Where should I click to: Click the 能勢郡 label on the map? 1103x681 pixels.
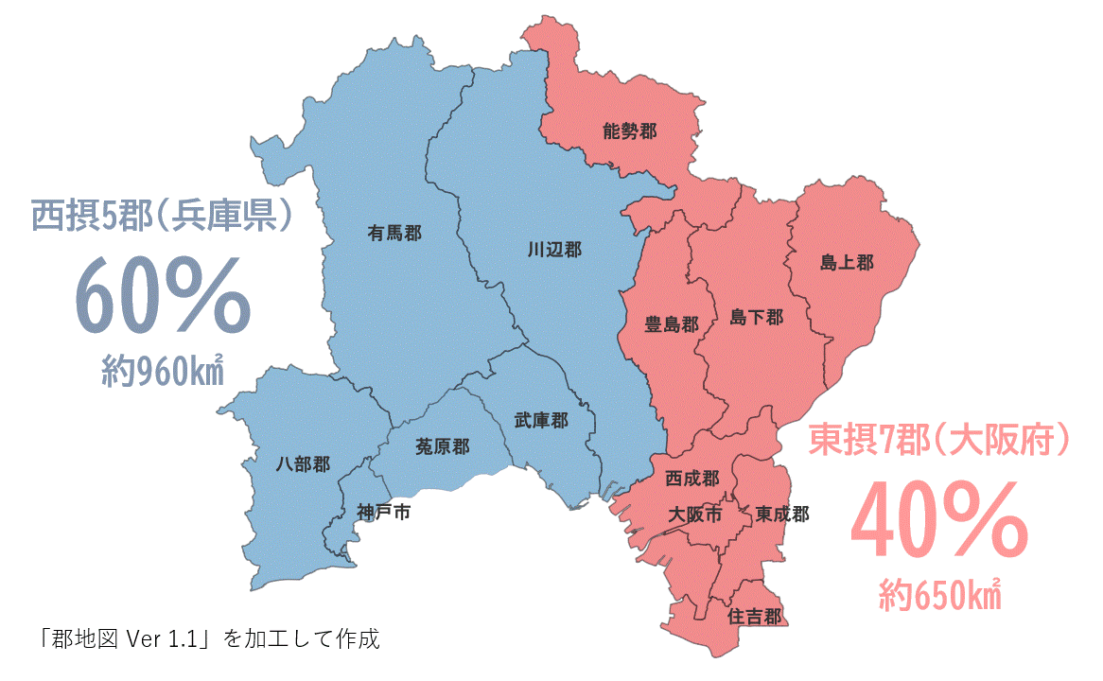(x=629, y=131)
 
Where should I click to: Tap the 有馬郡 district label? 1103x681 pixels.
(x=395, y=233)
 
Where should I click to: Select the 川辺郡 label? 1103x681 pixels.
(x=554, y=250)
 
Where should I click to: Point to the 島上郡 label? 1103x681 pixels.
(x=847, y=262)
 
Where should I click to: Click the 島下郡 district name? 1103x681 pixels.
(x=756, y=318)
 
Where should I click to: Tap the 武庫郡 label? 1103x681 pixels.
(x=541, y=420)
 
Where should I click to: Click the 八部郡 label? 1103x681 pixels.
(x=303, y=464)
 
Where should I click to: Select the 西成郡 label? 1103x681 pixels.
(x=692, y=480)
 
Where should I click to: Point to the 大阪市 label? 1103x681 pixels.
(x=694, y=515)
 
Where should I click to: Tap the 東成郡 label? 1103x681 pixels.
(x=781, y=515)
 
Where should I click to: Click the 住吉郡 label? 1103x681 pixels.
(x=754, y=617)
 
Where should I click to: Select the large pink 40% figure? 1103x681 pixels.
(x=938, y=521)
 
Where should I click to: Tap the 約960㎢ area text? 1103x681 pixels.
(x=162, y=374)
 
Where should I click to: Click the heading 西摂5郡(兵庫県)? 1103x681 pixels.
(x=162, y=217)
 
